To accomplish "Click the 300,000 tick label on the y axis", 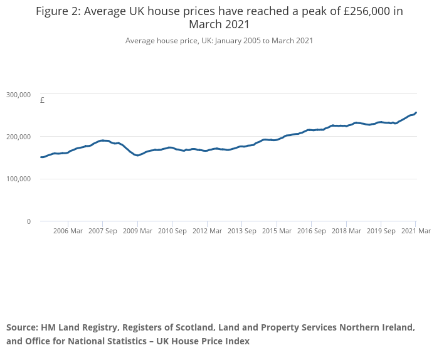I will (18, 95).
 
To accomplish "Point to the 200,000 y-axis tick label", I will (18, 137).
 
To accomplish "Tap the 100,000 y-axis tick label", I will (18, 179).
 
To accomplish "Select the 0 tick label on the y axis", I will (28, 221).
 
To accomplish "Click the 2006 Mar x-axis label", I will (68, 231).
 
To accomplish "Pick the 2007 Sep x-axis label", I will (103, 231).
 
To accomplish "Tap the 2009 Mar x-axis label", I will (137, 231).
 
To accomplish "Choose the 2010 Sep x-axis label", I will (172, 231).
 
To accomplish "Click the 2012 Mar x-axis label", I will (207, 231).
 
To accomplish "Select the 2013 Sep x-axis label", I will (242, 231).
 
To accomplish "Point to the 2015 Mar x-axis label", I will (277, 231).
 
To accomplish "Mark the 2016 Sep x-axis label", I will (312, 231).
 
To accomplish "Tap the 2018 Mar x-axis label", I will (346, 231).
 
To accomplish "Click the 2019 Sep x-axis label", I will (381, 231).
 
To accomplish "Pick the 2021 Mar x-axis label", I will (416, 231).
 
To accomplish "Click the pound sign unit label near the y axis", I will (42, 100).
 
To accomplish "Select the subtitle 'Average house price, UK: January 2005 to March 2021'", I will (219, 41).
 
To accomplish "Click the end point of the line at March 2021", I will (416, 113).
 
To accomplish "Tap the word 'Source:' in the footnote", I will (23, 328).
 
